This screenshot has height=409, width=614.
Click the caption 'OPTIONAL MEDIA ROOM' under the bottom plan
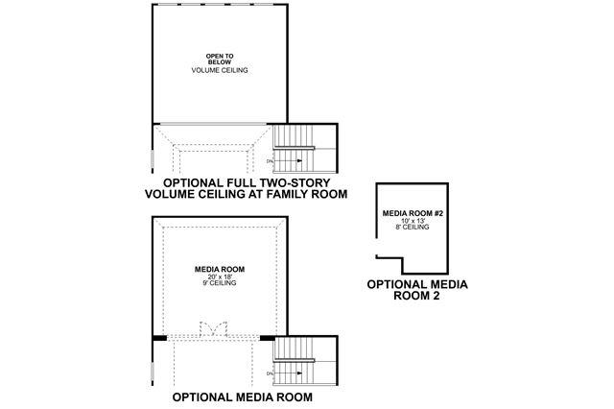pyautogui.click(x=241, y=396)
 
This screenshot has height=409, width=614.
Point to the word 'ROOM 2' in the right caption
pyautogui.click(x=416, y=297)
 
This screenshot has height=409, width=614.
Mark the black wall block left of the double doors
pyautogui.click(x=160, y=338)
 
